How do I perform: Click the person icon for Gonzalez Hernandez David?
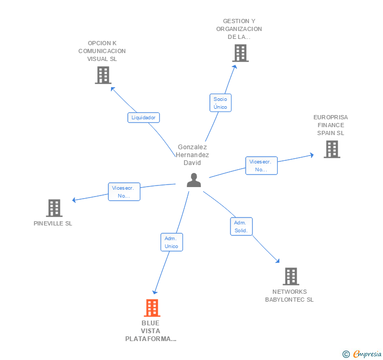point(194,180)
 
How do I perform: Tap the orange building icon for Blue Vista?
point(152,308)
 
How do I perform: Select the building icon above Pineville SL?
point(54,208)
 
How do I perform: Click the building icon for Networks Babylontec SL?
point(290,276)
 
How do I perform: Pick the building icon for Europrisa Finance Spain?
point(331,149)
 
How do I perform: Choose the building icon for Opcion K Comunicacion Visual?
point(103,75)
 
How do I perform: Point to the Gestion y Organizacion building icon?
point(240,53)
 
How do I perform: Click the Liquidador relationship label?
point(143,118)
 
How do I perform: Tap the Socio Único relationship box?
point(220,102)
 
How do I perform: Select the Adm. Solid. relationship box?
point(241,227)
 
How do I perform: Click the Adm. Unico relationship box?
point(172,242)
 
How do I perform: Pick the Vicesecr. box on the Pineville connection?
point(124,191)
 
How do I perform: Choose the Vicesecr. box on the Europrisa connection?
point(261,166)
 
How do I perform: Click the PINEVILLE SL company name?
point(53,223)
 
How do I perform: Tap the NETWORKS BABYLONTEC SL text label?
point(289,295)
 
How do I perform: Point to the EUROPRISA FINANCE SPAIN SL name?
point(330,125)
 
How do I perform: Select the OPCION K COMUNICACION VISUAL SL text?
point(102,51)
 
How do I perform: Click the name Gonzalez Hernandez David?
point(193,155)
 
